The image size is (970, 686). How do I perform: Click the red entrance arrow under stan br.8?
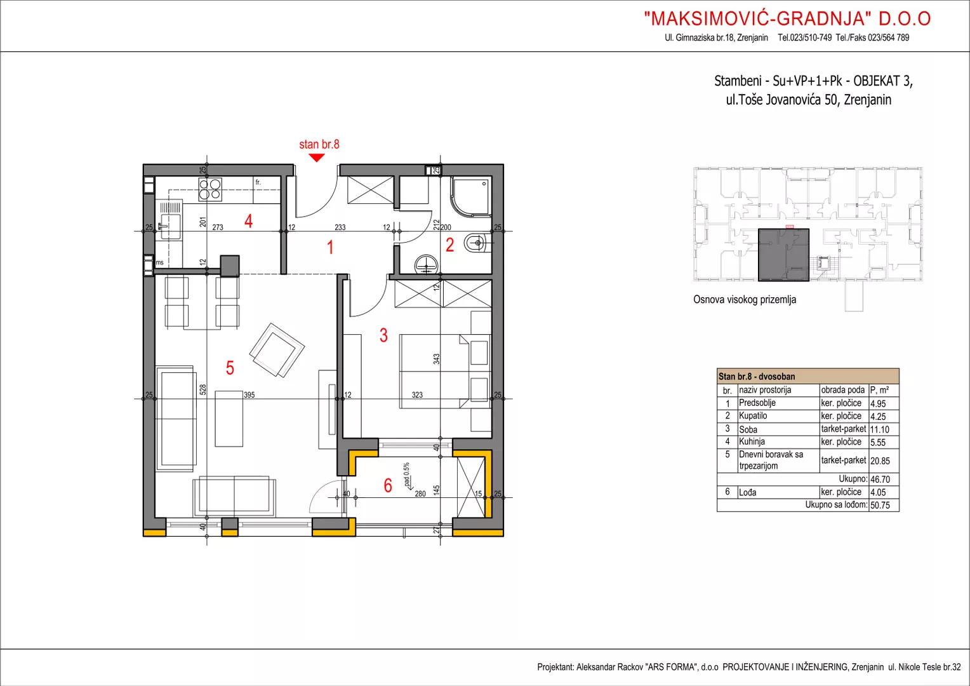[x=317, y=158]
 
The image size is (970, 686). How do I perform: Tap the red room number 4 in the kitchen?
[x=248, y=221]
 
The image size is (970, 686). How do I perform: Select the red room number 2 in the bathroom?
[x=449, y=245]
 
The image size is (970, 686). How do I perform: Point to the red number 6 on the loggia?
[x=388, y=485]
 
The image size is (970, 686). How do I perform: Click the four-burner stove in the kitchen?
[x=210, y=190]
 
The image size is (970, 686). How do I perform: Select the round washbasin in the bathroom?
[x=426, y=264]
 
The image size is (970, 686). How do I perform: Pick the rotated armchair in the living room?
[x=277, y=350]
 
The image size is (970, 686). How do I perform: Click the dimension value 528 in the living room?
[x=203, y=389]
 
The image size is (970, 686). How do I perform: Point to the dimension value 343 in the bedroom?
[x=436, y=359]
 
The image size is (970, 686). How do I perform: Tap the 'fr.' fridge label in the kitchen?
[x=258, y=182]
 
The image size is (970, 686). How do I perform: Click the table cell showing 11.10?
[x=879, y=429]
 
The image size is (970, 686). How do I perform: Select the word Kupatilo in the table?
[x=753, y=415]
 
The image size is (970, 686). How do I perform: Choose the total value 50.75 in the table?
[x=880, y=506]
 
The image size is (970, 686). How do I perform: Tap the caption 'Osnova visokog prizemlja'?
[x=745, y=299]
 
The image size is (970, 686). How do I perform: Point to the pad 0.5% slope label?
[x=406, y=474]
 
